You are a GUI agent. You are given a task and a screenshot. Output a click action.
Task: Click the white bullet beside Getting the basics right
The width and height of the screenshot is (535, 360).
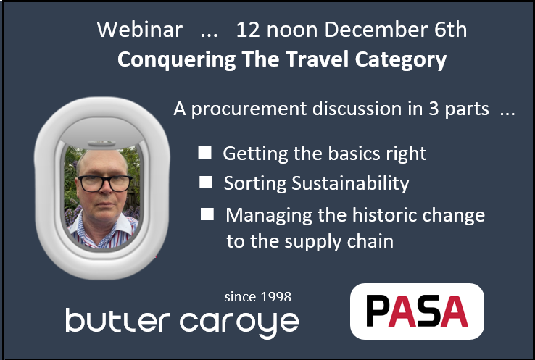205,153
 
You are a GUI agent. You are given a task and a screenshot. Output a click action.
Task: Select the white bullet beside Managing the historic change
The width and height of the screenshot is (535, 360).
208,214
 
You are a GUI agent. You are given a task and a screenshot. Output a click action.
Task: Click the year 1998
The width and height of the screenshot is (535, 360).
275,296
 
